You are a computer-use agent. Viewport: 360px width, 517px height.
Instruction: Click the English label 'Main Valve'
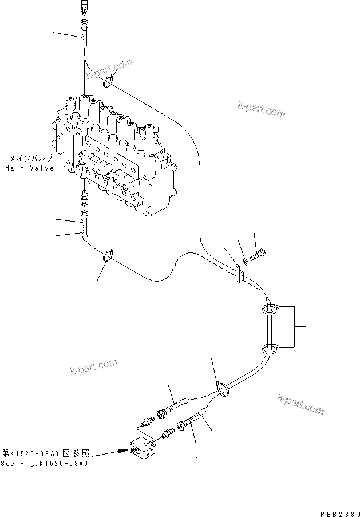pos(30,168)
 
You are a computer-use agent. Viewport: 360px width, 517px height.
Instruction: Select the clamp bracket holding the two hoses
pos(239,274)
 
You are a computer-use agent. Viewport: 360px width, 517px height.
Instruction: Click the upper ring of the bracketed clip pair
pos(270,309)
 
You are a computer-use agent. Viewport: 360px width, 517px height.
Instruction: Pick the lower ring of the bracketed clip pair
pos(270,348)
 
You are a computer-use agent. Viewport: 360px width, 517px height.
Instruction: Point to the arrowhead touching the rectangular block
pos(122,451)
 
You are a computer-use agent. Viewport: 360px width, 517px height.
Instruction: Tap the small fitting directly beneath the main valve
pos(85,199)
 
